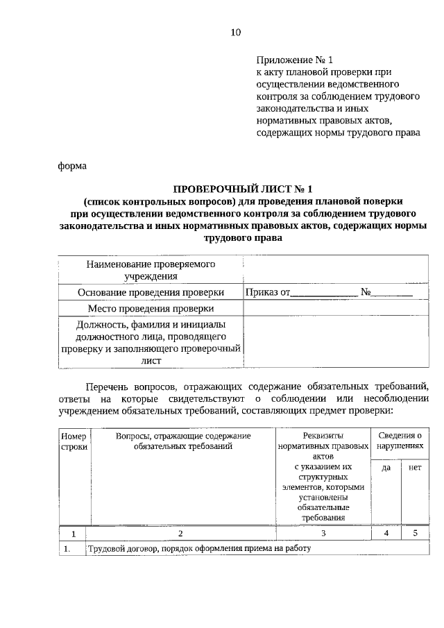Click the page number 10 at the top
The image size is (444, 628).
[x=235, y=32]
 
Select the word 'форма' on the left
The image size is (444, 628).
[x=72, y=165]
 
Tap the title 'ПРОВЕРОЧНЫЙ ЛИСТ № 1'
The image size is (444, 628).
[x=244, y=188]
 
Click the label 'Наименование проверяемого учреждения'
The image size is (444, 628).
[x=151, y=270]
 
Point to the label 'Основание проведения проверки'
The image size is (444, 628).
[x=151, y=292]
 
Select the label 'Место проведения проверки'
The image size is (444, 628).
[x=151, y=308]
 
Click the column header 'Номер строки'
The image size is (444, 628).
[x=74, y=441]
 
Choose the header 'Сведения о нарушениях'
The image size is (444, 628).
[x=399, y=441]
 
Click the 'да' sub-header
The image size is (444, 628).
[x=386, y=468]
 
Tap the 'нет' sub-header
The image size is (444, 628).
[x=415, y=468]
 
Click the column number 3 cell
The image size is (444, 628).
[x=323, y=533]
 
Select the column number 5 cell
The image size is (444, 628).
[x=415, y=533]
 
